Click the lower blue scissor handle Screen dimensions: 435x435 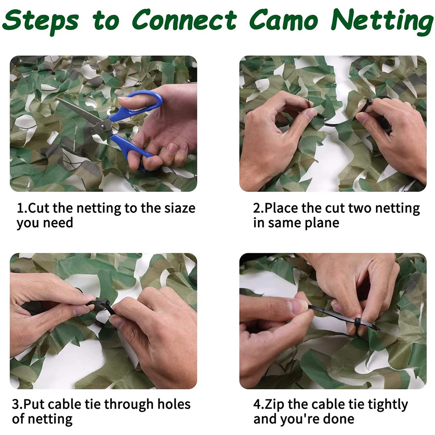coord(130,148)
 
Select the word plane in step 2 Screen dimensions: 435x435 coord(321,223)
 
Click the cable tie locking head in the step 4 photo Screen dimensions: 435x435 coord(356,322)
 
